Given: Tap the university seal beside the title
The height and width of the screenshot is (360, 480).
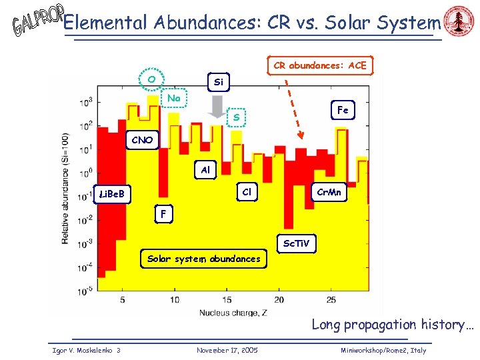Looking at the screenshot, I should click(x=459, y=23).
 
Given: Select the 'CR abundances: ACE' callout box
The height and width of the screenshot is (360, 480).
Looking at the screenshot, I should click(x=319, y=65).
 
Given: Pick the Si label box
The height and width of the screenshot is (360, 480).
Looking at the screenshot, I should click(x=219, y=83).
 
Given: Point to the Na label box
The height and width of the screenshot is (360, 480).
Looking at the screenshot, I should click(x=175, y=99).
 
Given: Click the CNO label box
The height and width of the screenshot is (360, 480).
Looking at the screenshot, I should click(x=142, y=141).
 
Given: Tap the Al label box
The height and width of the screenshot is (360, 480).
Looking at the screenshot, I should click(x=205, y=170).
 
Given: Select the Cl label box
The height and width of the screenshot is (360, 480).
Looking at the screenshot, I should click(x=247, y=192).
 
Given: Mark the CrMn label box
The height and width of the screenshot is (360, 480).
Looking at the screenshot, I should click(x=329, y=192).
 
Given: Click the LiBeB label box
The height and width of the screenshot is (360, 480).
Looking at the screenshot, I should click(x=112, y=195).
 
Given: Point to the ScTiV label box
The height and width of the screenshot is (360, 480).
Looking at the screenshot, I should click(x=295, y=243).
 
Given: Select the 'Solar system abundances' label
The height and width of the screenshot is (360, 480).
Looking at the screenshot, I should click(x=204, y=259).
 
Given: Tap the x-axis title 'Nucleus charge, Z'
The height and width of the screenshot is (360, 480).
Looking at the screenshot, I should click(x=228, y=313).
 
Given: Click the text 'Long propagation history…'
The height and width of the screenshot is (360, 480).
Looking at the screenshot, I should click(x=393, y=325).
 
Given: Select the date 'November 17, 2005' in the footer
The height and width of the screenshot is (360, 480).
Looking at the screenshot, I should click(x=227, y=350).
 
